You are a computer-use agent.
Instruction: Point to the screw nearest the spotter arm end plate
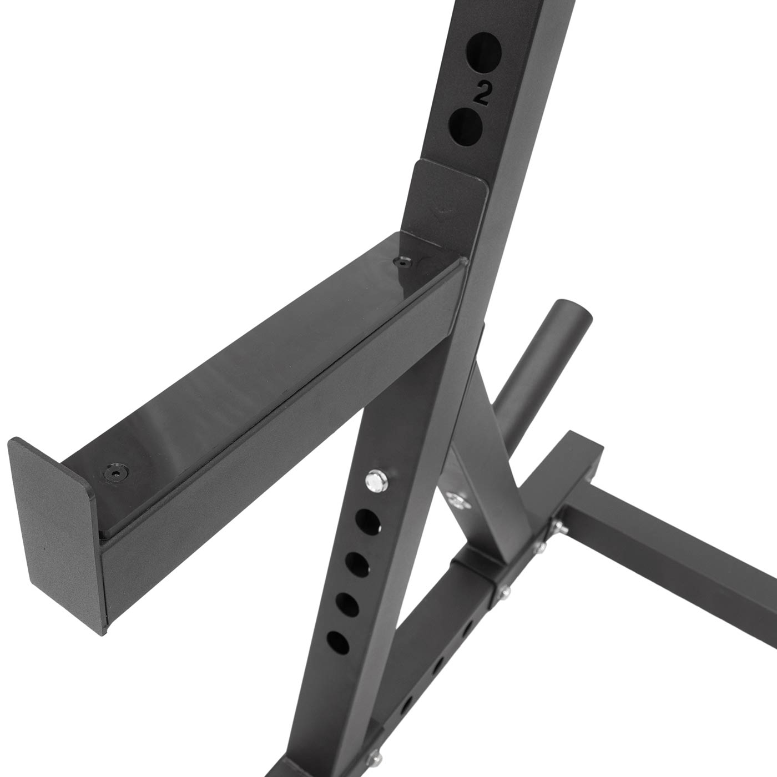pyautogui.click(x=117, y=472)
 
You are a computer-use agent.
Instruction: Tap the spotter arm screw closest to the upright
pyautogui.click(x=402, y=263)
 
